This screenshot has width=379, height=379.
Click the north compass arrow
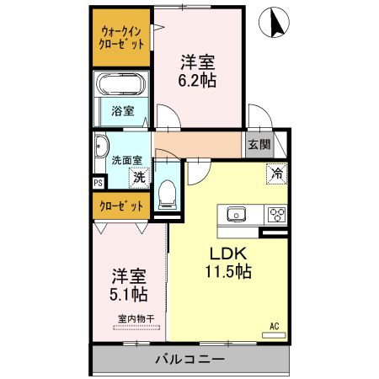[275, 24]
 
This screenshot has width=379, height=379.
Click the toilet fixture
[166, 193]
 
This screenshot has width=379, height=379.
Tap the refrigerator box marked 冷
[275, 173]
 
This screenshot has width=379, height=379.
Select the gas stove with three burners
[276, 215]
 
